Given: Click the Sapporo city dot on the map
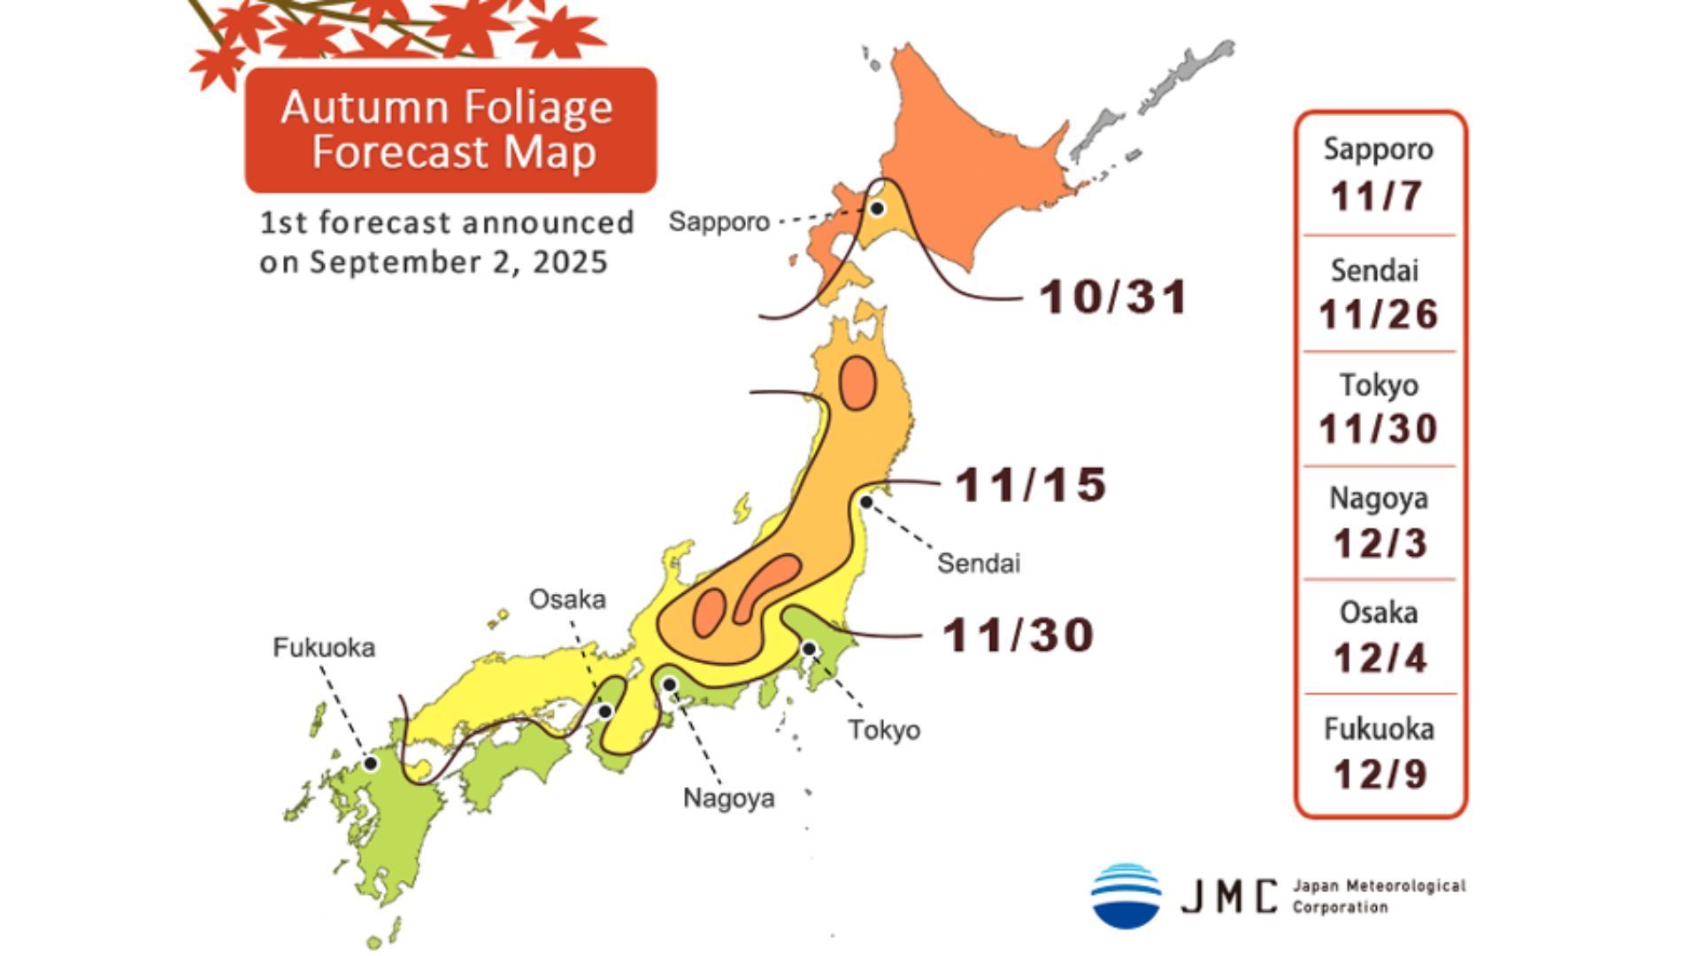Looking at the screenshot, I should pyautogui.click(x=877, y=209).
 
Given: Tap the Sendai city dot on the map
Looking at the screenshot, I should pyautogui.click(x=867, y=502).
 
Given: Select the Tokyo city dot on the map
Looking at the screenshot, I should pyautogui.click(x=809, y=649).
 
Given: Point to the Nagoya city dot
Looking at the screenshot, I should pyautogui.click(x=670, y=684).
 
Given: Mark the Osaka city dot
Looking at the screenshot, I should pyautogui.click(x=605, y=711).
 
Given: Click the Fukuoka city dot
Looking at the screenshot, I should pyautogui.click(x=372, y=763).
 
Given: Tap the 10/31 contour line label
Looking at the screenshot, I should pyautogui.click(x=1113, y=297).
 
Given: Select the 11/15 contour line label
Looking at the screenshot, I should pyautogui.click(x=1031, y=485).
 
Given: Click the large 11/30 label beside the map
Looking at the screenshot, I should pyautogui.click(x=1018, y=636).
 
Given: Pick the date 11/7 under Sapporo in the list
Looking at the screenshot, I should pyautogui.click(x=1377, y=196).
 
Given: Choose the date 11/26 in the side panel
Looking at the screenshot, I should pyautogui.click(x=1378, y=314).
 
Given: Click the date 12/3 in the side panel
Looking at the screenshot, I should pyautogui.click(x=1380, y=543).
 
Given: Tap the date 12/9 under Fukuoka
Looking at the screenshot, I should pyautogui.click(x=1380, y=775).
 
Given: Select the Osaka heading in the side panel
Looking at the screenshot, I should pyautogui.click(x=1378, y=613).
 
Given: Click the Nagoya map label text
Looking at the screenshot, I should pyautogui.click(x=728, y=798).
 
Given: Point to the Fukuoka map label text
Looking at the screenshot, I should pyautogui.click(x=324, y=648).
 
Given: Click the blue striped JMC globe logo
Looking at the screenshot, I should pyautogui.click(x=1126, y=896).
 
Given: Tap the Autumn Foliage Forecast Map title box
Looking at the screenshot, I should pyautogui.click(x=450, y=130).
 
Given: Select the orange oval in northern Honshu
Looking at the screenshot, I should pyautogui.click(x=857, y=383).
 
